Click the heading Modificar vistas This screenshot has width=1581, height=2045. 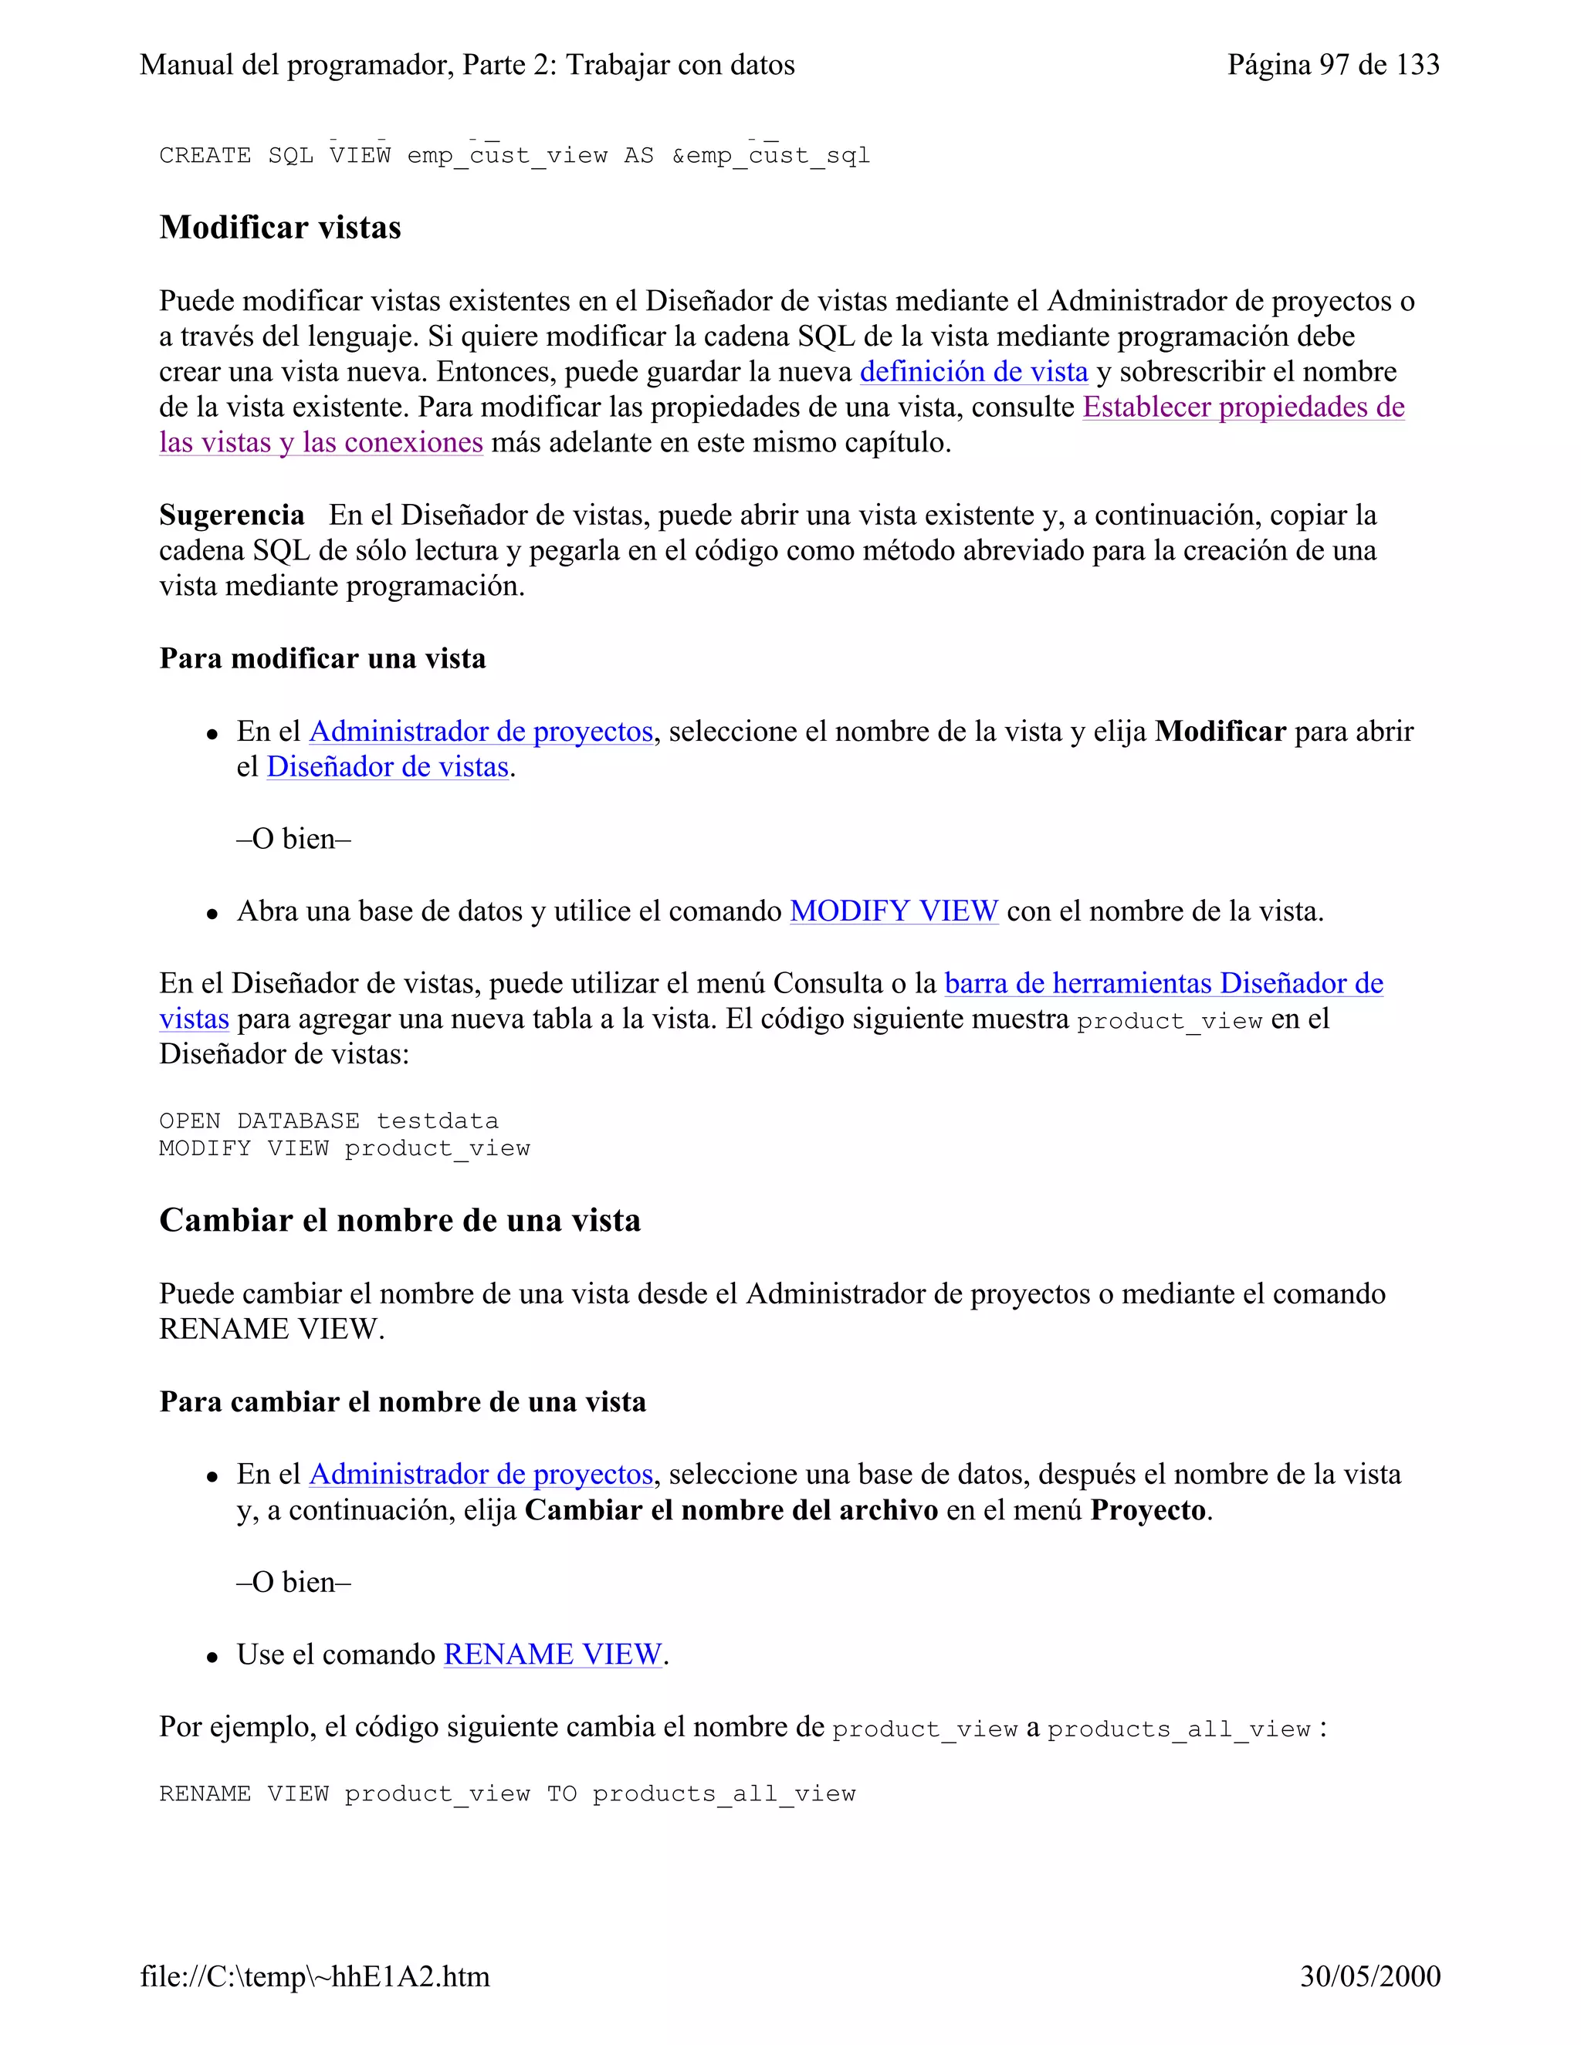[x=280, y=228]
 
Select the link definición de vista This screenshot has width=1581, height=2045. [x=973, y=372]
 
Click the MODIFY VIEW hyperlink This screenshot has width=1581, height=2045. [x=893, y=911]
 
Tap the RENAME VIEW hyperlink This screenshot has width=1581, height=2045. [x=553, y=1655]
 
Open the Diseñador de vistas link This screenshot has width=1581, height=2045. [x=388, y=767]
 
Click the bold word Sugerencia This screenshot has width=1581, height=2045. [x=232, y=515]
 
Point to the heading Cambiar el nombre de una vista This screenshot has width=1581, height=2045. [x=400, y=1220]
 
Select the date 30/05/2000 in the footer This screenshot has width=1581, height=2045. [x=1369, y=1976]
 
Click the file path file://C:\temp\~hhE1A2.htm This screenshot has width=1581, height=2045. [x=315, y=1976]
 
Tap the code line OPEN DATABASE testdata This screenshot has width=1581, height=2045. [x=329, y=1121]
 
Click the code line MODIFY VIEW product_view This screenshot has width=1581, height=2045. [x=344, y=1148]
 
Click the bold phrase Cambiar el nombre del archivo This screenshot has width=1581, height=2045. [x=730, y=1510]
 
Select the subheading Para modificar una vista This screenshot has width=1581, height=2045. [x=322, y=658]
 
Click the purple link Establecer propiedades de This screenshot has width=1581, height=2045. [x=1243, y=407]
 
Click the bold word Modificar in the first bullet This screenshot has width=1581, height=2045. [x=1220, y=732]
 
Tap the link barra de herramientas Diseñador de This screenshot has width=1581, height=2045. [x=1163, y=983]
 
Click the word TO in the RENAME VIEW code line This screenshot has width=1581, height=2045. [x=561, y=1794]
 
